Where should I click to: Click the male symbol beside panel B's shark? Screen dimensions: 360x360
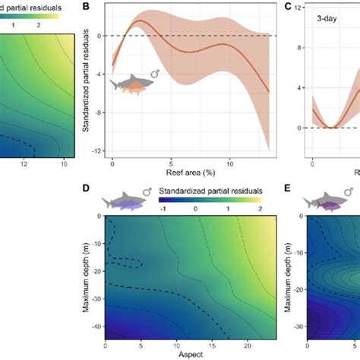(x=155, y=74)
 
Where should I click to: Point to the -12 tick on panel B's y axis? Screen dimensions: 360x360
(x=96, y=152)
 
